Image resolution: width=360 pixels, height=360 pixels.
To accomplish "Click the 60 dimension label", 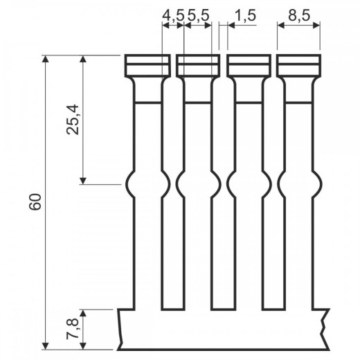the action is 35,201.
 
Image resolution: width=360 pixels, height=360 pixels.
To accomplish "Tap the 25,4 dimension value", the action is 73,120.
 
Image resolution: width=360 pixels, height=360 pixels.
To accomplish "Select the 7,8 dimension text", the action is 73,329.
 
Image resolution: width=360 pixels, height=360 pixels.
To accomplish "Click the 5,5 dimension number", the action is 198,16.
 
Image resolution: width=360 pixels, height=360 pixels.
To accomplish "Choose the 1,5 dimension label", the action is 245,16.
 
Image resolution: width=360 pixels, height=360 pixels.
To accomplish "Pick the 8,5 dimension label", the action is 299,16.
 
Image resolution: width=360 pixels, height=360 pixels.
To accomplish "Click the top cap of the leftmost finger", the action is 147,66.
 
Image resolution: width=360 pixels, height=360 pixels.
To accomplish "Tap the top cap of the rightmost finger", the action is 299,66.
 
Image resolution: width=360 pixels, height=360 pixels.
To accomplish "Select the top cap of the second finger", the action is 198,66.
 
